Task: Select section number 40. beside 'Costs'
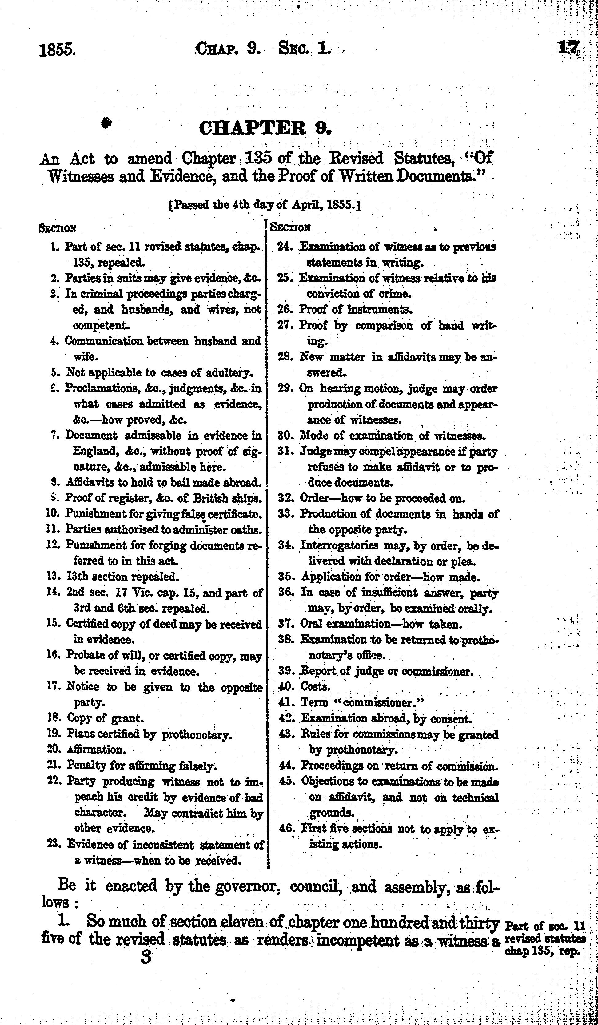point(287,687)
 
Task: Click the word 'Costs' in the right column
point(315,687)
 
